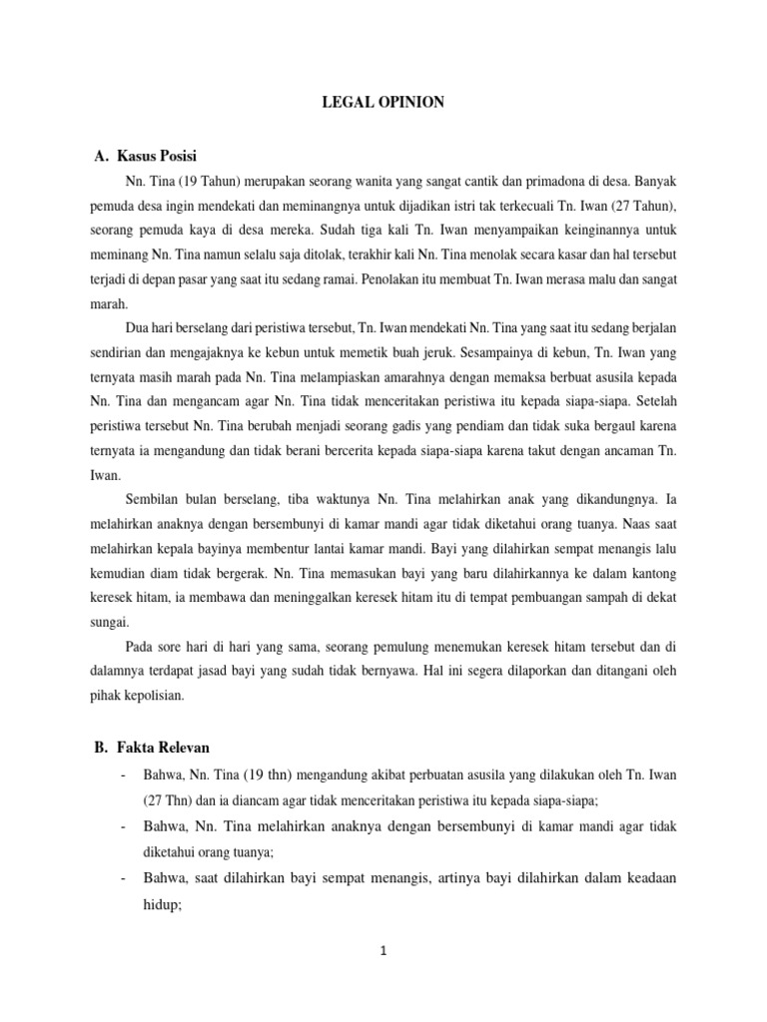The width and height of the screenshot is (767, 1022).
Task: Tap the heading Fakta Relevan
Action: point(166,748)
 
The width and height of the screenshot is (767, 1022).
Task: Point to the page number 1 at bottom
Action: point(383,951)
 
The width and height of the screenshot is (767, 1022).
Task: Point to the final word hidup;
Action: point(158,908)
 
